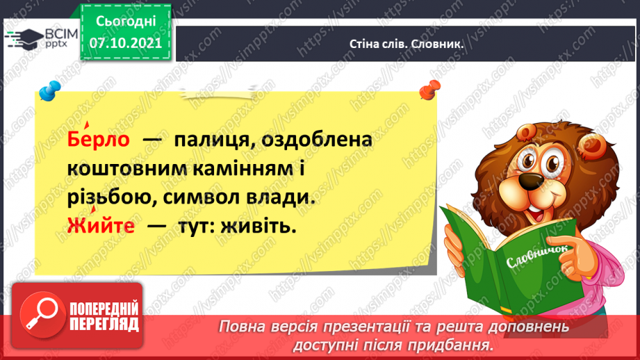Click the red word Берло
click(x=99, y=138)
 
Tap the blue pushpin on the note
click(x=50, y=90)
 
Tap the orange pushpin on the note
click(x=430, y=90)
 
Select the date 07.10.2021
click(x=126, y=43)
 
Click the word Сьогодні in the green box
click(x=126, y=22)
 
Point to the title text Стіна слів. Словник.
click(x=406, y=44)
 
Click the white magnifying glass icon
click(x=41, y=313)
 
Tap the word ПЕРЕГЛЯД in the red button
click(x=104, y=325)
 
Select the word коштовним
click(x=126, y=169)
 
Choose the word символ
click(x=202, y=198)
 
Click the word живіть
click(x=259, y=226)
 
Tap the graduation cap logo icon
click(x=24, y=39)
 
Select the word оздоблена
click(x=317, y=140)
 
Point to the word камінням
click(x=243, y=169)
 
